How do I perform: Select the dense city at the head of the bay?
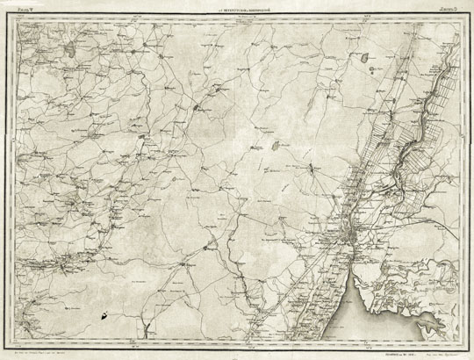click(x=351, y=234)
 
